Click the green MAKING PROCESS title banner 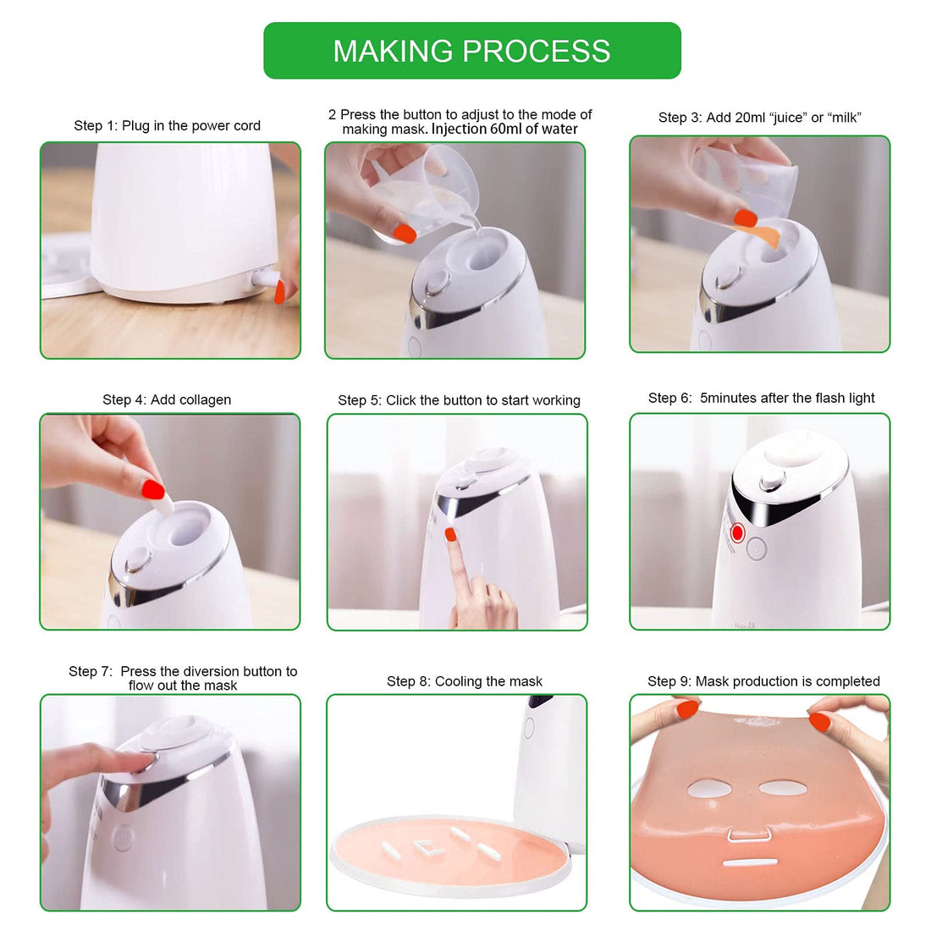coord(471,51)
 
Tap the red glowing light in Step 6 coord(737,532)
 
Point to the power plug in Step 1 coord(266,278)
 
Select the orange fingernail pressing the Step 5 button coord(451,534)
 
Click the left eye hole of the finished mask coord(709,789)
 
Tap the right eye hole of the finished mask coord(780,788)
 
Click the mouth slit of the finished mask coord(750,864)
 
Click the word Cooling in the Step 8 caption coord(458,681)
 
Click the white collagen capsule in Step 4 coord(163,506)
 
